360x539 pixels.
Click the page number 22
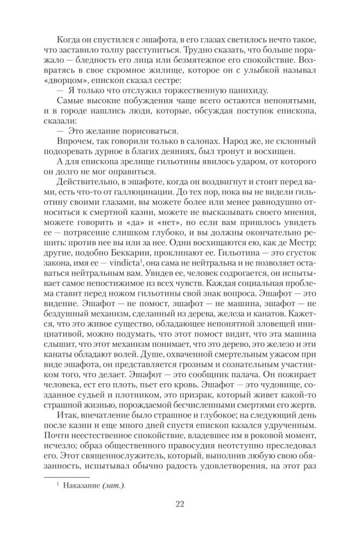[180, 505]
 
